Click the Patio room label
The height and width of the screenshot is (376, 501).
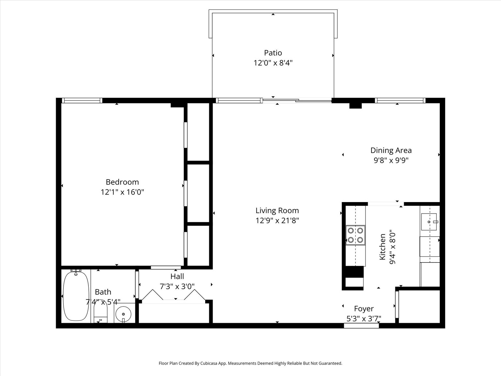[x=273, y=53]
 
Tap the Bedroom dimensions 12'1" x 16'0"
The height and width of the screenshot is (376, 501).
[x=122, y=192]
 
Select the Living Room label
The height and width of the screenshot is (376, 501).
[x=277, y=211]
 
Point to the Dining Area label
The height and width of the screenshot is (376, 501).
[x=391, y=150]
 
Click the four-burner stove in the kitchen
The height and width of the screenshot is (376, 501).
[x=356, y=235]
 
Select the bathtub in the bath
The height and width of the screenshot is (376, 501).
[x=76, y=295]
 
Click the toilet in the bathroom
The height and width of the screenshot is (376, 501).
[x=100, y=313]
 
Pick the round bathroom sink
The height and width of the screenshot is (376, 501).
[x=123, y=314]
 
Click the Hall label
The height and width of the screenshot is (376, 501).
[x=177, y=276]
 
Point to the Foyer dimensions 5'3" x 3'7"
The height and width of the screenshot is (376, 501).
[x=364, y=319]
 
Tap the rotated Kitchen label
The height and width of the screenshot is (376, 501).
[x=382, y=247]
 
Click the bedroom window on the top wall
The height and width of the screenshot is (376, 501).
[x=82, y=101]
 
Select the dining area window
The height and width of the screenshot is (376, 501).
[x=400, y=101]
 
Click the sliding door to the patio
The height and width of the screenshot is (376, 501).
[x=297, y=100]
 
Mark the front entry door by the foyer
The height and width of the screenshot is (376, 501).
[x=361, y=326]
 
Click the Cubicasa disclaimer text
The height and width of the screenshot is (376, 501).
[x=250, y=363]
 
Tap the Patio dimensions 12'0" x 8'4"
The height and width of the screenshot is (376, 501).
[x=273, y=63]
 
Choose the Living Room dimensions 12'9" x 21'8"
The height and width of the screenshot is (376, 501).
[x=277, y=221]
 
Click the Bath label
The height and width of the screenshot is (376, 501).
[x=103, y=292]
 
